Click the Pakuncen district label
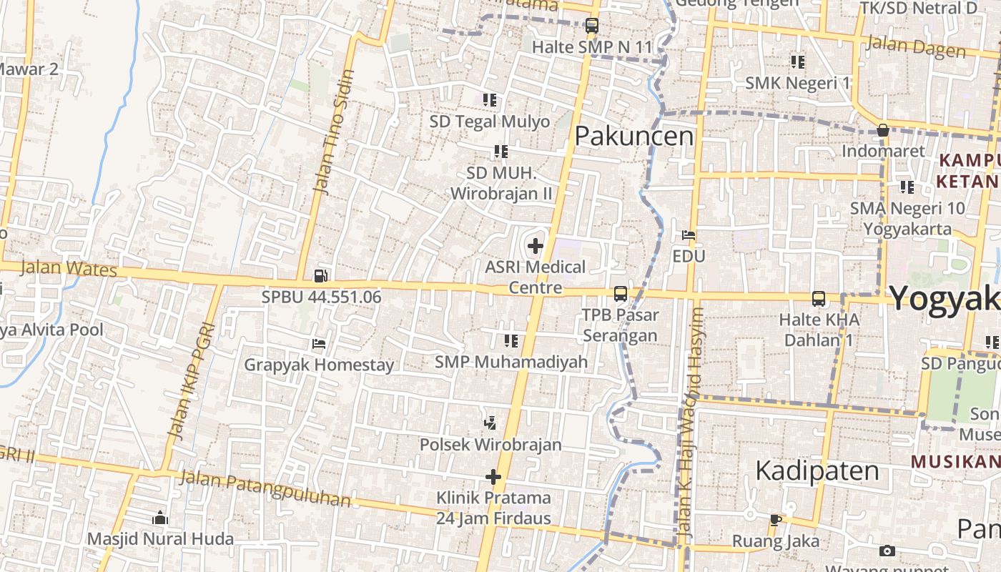(634, 136)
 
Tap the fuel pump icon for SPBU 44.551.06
(321, 275)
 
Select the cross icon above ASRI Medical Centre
(535, 247)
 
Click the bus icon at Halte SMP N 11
(591, 26)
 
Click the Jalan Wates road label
(69, 269)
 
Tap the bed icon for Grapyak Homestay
(319, 344)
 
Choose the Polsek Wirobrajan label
(490, 445)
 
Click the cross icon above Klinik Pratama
(493, 477)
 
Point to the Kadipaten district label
(817, 471)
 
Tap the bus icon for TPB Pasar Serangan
(620, 293)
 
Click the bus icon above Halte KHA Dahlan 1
(819, 298)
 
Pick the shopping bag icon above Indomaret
(883, 131)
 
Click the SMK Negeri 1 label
(798, 83)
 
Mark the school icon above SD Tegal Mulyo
(490, 100)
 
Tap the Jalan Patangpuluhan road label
(265, 488)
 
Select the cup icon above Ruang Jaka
(776, 520)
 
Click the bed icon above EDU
(689, 235)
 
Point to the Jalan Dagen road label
(915, 47)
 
